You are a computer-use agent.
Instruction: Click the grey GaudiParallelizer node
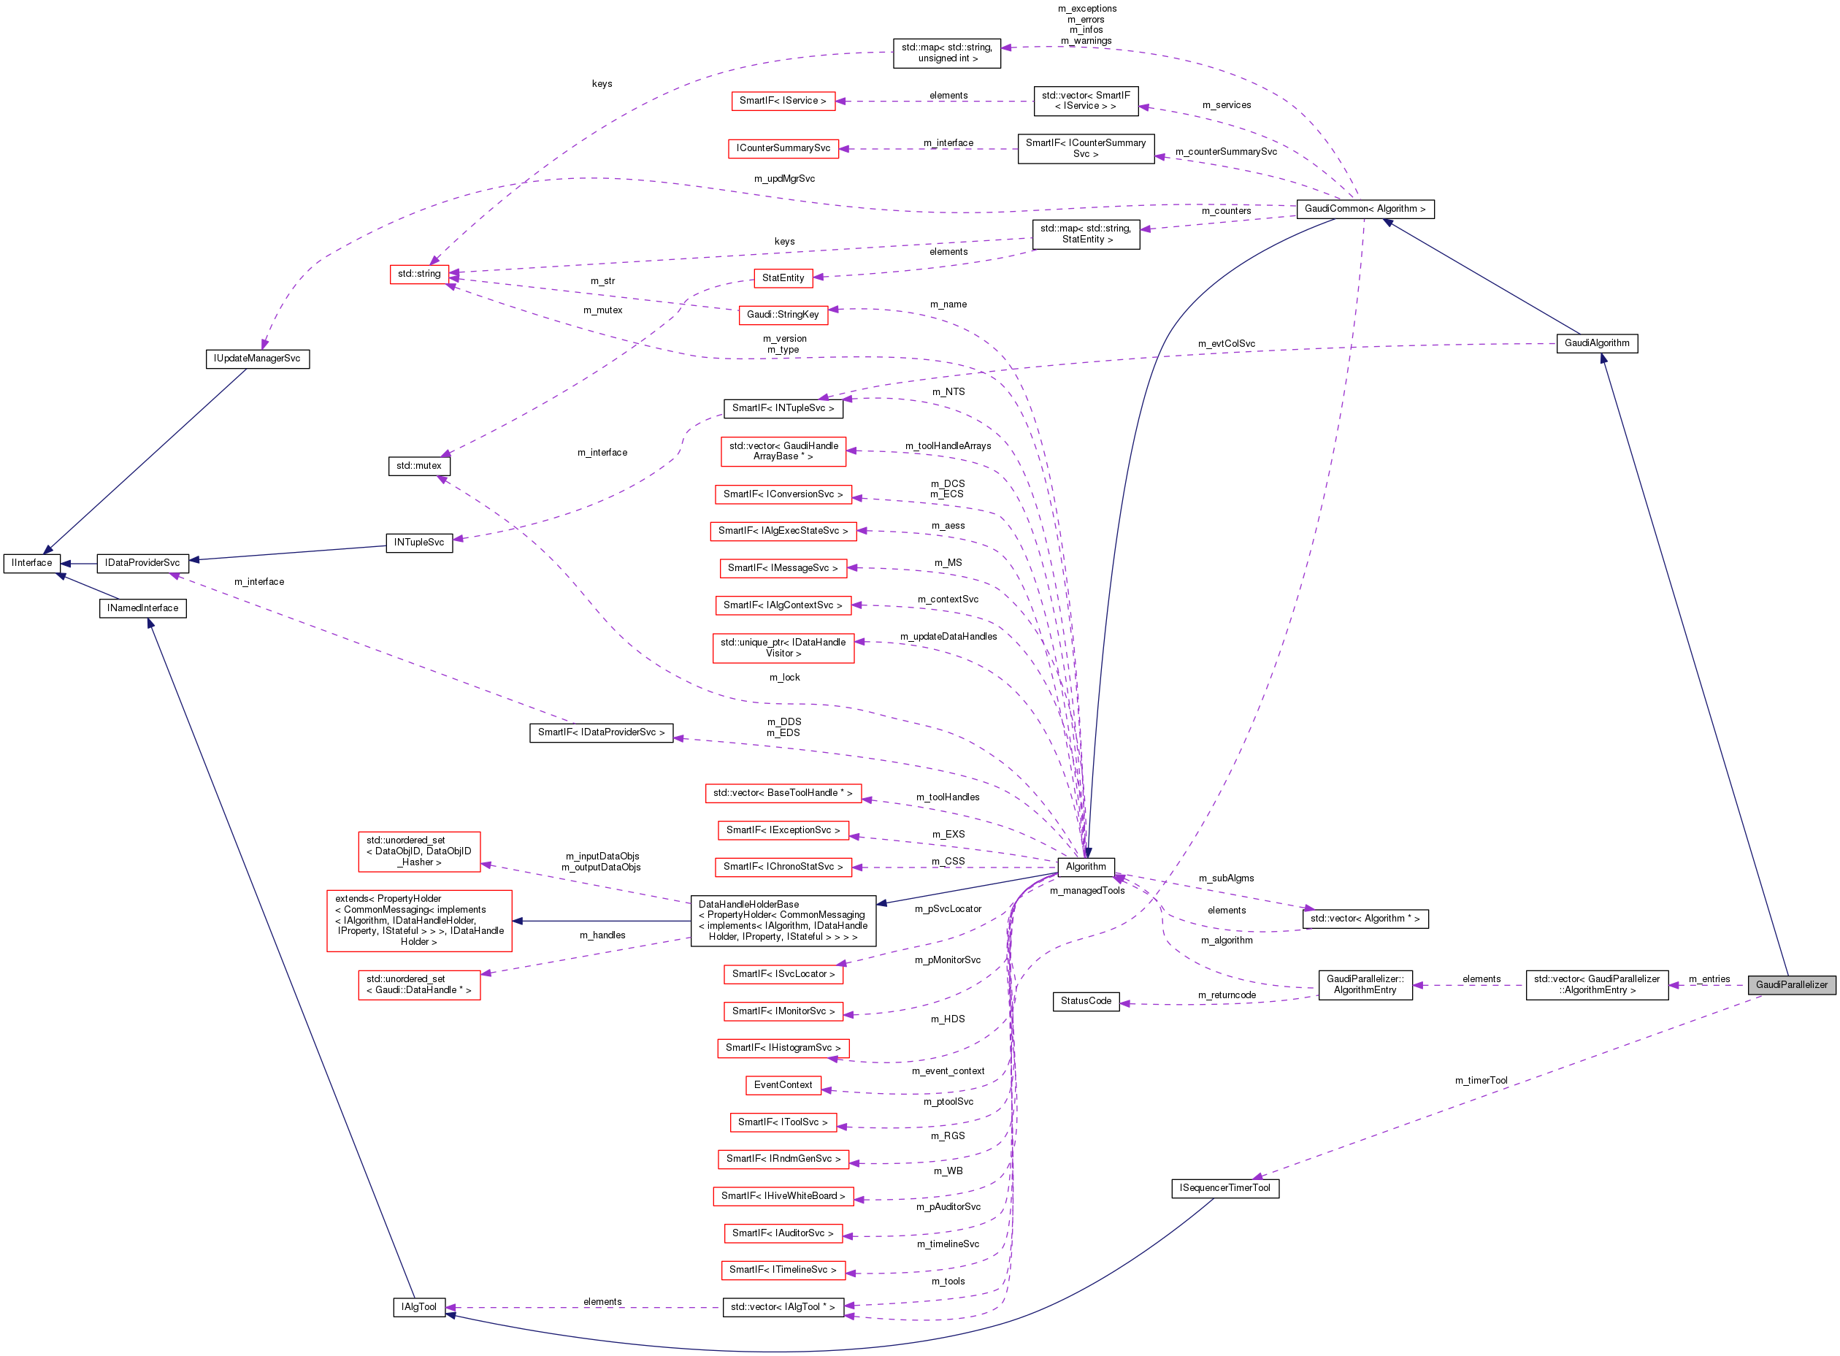click(1791, 984)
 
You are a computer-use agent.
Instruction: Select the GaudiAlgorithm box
click(1596, 343)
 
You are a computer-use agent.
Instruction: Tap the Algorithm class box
click(1085, 867)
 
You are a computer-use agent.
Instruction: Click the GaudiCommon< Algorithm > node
click(1364, 209)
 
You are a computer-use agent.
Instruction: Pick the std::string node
click(419, 273)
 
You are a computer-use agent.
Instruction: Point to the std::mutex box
click(418, 465)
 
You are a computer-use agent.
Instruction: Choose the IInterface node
click(32, 563)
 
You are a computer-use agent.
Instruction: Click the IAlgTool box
click(418, 1307)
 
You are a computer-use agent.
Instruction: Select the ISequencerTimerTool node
click(1224, 1188)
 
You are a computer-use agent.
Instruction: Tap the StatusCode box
click(1085, 1000)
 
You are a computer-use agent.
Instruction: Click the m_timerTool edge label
click(1481, 1080)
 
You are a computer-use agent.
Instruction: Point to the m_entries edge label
click(1709, 978)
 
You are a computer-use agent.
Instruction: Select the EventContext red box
click(783, 1085)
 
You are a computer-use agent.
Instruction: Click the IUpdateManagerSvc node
click(257, 359)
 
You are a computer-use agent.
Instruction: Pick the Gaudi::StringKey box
click(783, 315)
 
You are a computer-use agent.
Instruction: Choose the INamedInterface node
click(143, 608)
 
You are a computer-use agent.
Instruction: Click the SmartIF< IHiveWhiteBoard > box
click(783, 1196)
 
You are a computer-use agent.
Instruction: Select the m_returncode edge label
click(1226, 995)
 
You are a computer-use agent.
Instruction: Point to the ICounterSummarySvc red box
click(783, 148)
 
